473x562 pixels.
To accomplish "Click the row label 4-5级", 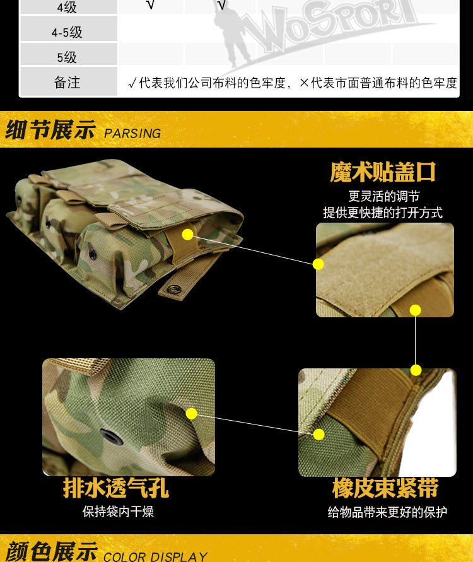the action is (x=67, y=33).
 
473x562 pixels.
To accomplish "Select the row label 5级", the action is (x=67, y=57).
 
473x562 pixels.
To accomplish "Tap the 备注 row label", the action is (x=67, y=83).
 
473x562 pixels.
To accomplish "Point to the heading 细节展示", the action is (x=50, y=129).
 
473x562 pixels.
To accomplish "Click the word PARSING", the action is (x=132, y=133).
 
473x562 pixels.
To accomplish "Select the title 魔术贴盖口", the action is (x=383, y=172).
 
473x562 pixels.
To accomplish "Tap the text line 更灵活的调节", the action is (x=384, y=196).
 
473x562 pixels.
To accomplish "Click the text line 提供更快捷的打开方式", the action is (x=383, y=213).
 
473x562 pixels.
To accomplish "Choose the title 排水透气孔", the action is (x=116, y=488).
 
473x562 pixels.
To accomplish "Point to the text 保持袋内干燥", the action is (x=119, y=512).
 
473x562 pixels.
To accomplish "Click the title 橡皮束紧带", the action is (x=385, y=488).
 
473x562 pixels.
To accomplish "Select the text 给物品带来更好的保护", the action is (x=387, y=512).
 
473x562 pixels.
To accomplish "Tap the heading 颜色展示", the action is (x=52, y=551).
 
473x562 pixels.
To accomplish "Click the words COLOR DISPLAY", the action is (x=155, y=556).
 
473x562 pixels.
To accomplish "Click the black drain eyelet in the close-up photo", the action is (x=111, y=436).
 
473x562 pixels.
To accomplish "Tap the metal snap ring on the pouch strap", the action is (x=174, y=288).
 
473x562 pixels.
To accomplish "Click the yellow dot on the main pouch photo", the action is (x=187, y=235).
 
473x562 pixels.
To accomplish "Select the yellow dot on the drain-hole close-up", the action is (x=192, y=414).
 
